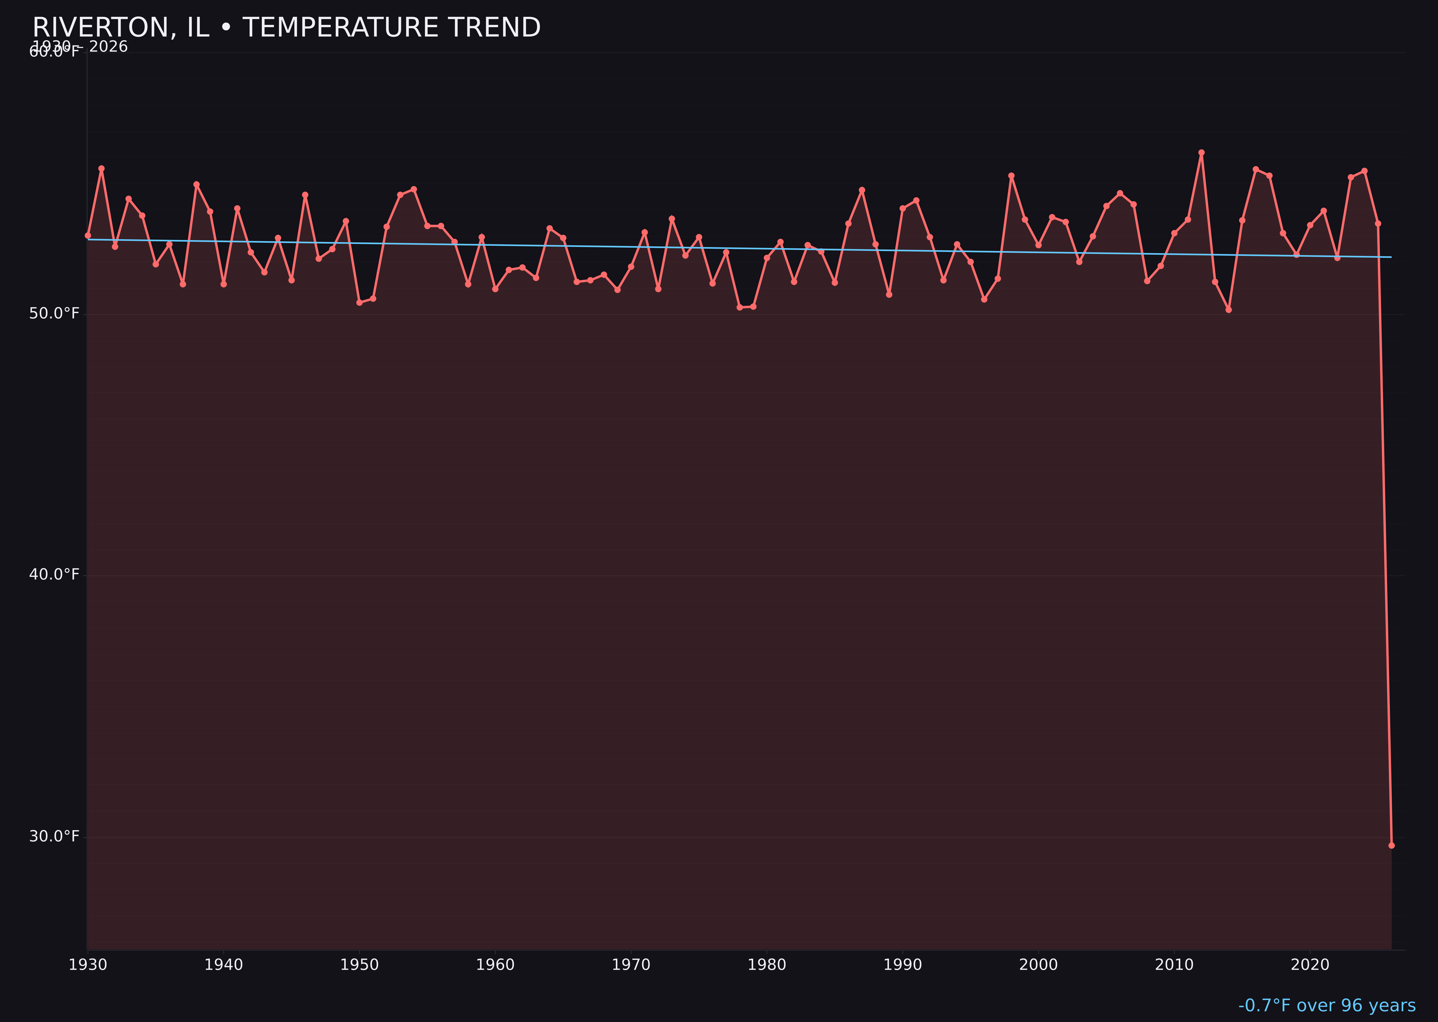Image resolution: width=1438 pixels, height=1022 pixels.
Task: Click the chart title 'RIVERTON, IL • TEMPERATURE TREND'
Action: click(x=287, y=28)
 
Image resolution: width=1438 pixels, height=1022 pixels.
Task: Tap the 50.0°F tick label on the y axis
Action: click(x=54, y=313)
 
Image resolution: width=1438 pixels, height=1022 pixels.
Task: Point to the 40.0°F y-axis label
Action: click(x=54, y=575)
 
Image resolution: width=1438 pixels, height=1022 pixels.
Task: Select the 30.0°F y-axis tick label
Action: click(x=54, y=836)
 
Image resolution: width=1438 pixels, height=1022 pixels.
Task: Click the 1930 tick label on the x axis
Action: click(x=87, y=965)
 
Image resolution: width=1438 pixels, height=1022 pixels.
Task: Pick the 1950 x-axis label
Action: click(x=359, y=965)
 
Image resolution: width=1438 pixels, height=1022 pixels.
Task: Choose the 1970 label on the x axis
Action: click(x=631, y=965)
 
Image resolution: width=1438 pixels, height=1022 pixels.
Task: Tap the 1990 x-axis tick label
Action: click(x=902, y=965)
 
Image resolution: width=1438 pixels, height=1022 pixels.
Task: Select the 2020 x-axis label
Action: click(x=1310, y=965)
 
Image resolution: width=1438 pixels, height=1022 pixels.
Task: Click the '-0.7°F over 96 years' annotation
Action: click(x=1327, y=1005)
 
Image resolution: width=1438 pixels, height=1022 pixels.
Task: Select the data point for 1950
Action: click(x=359, y=303)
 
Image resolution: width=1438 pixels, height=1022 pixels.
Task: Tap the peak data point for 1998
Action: click(x=1011, y=176)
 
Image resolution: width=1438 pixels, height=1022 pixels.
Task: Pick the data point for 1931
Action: click(x=101, y=169)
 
